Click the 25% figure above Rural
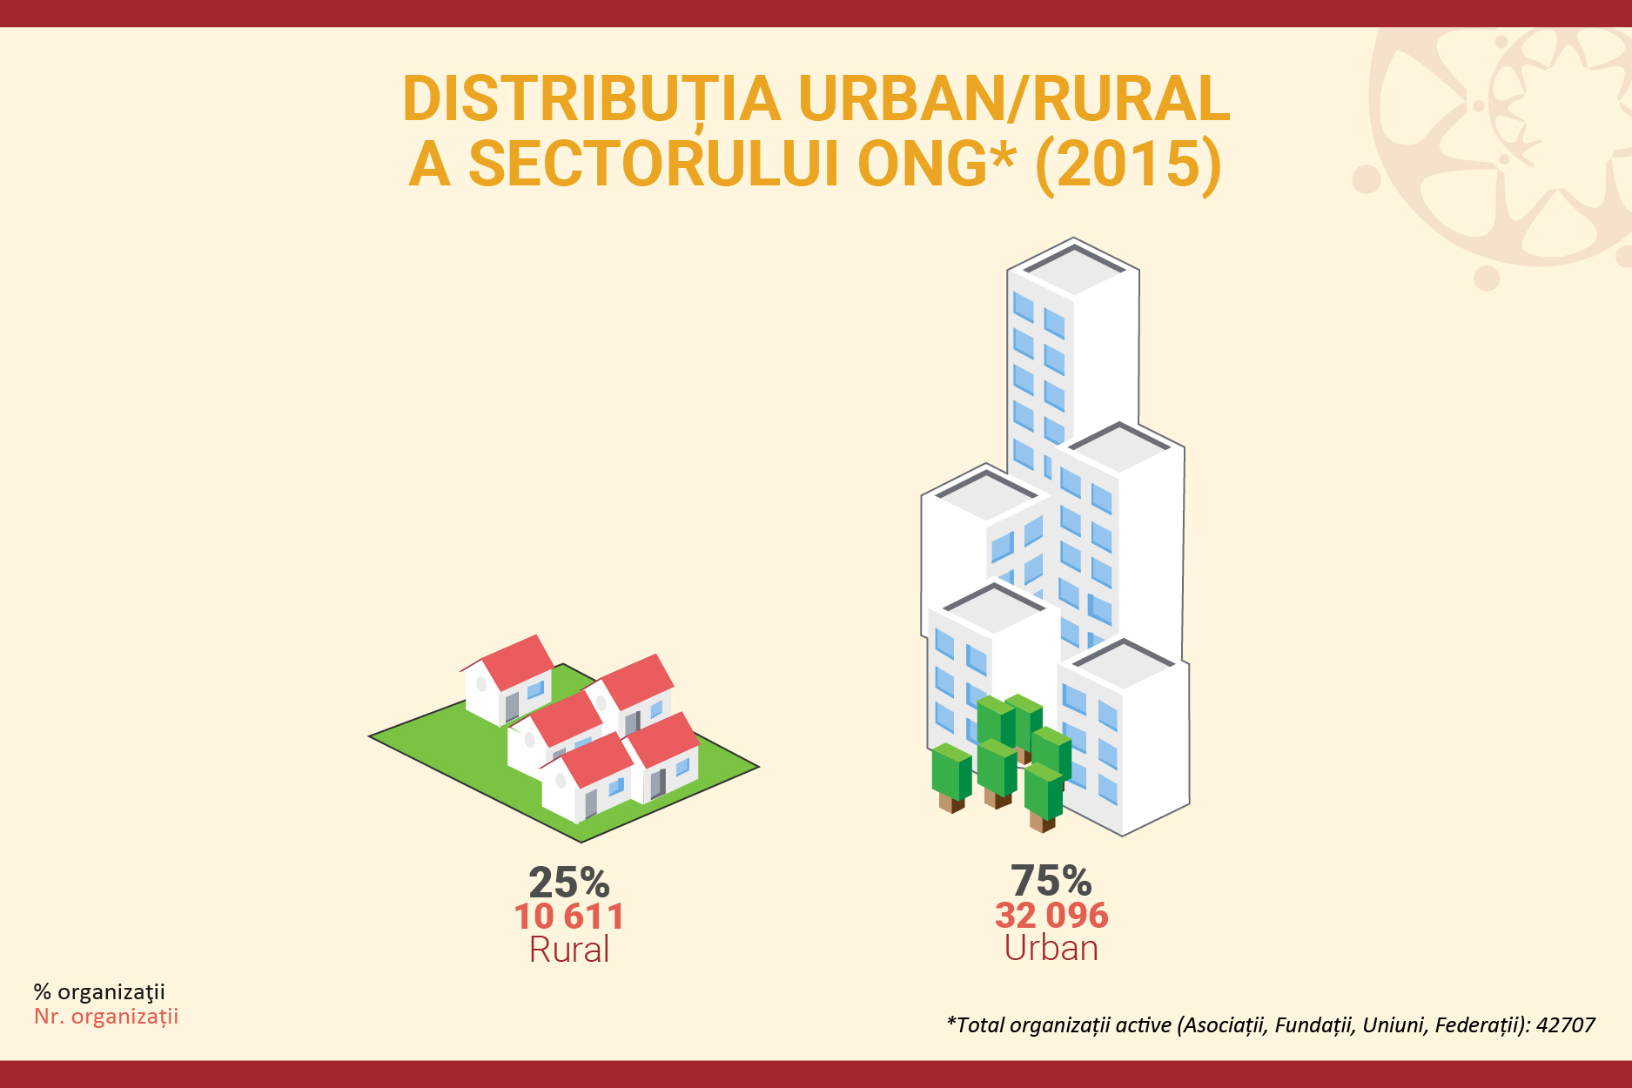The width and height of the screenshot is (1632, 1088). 569,883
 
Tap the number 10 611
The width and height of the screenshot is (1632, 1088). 569,917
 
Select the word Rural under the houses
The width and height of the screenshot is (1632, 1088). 569,950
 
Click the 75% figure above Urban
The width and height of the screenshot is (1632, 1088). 1051,881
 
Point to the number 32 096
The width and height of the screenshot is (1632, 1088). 1051,915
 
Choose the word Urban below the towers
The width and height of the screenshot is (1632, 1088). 1051,948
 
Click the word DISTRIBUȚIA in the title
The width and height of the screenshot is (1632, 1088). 592,100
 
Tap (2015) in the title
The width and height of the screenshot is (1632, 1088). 1129,164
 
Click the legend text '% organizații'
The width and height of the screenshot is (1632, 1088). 99,992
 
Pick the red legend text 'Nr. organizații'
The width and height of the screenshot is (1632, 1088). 106,1017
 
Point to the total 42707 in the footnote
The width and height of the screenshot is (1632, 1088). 1566,1024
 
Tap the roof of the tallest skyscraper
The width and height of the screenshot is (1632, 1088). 1074,266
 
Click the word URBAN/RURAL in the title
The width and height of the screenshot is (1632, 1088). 1014,100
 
